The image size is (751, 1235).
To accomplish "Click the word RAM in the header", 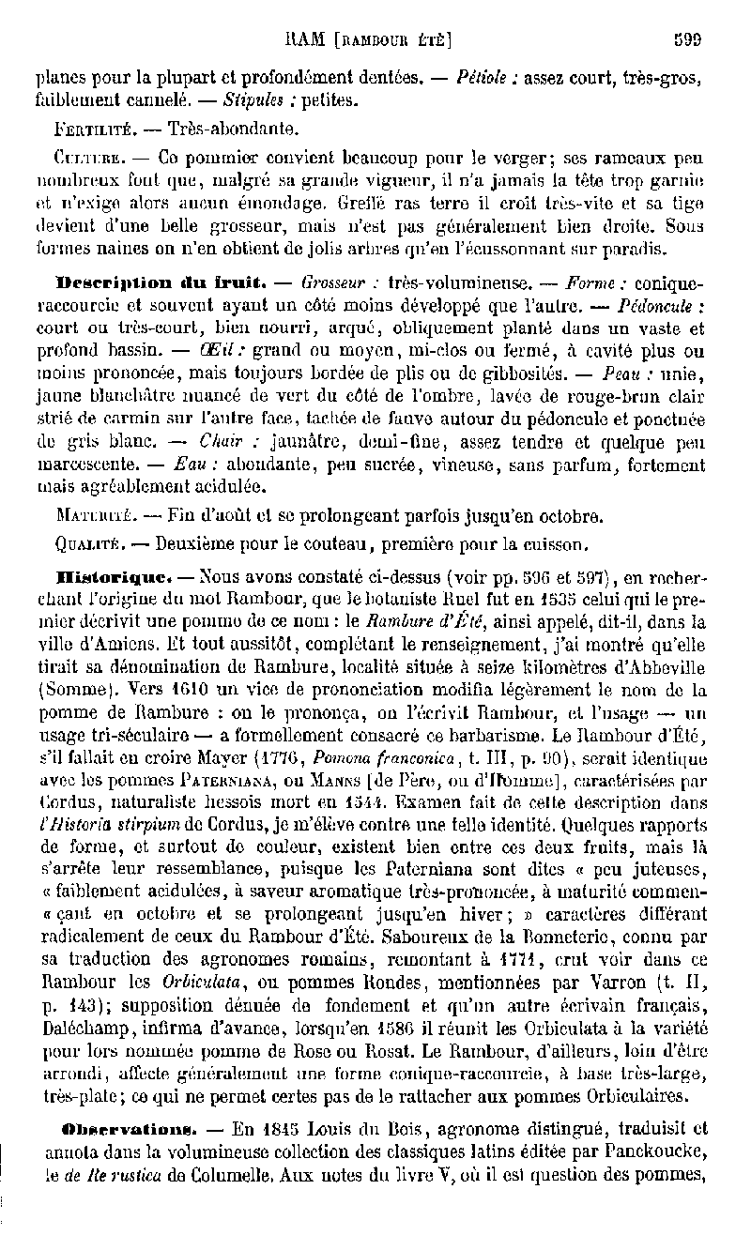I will tap(302, 40).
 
